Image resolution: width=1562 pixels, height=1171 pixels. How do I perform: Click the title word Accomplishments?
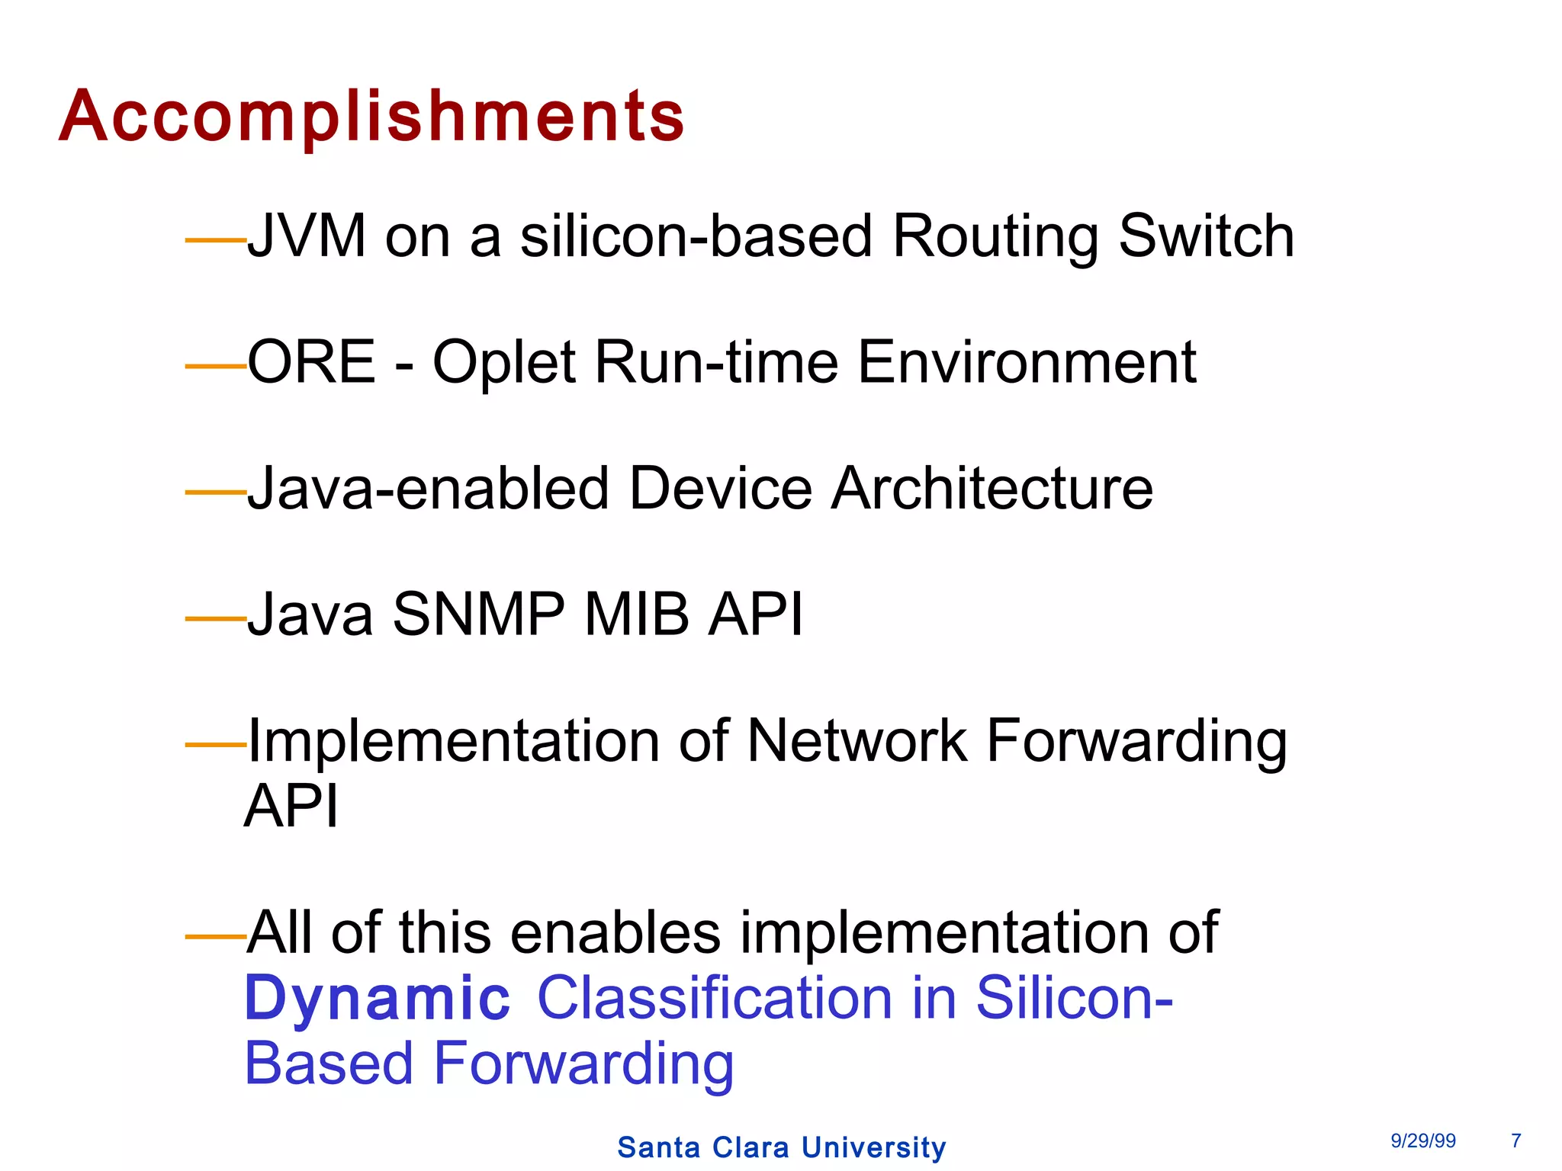[371, 116]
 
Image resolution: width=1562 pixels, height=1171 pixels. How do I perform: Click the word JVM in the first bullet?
[307, 236]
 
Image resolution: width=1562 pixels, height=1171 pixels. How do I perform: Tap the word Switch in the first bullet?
[1206, 236]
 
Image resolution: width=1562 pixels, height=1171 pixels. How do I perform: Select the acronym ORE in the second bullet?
[311, 362]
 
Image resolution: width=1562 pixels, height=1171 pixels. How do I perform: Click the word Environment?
[1027, 362]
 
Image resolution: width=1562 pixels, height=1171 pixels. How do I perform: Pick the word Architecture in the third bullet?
[992, 488]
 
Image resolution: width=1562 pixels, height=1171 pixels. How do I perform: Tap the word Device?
[720, 488]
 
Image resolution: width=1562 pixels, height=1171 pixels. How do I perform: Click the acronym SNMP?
[478, 614]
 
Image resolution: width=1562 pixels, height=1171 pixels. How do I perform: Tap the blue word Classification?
[715, 998]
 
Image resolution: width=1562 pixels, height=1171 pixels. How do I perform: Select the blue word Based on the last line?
[329, 1064]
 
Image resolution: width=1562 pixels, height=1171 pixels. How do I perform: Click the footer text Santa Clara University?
[781, 1147]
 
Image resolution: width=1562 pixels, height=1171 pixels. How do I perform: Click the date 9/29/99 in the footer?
[1422, 1141]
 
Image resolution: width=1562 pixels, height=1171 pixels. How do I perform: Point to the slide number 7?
[1515, 1141]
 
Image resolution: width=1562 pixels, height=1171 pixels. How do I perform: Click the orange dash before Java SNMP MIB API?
[215, 618]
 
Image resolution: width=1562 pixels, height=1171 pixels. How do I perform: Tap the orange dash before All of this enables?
[215, 935]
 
